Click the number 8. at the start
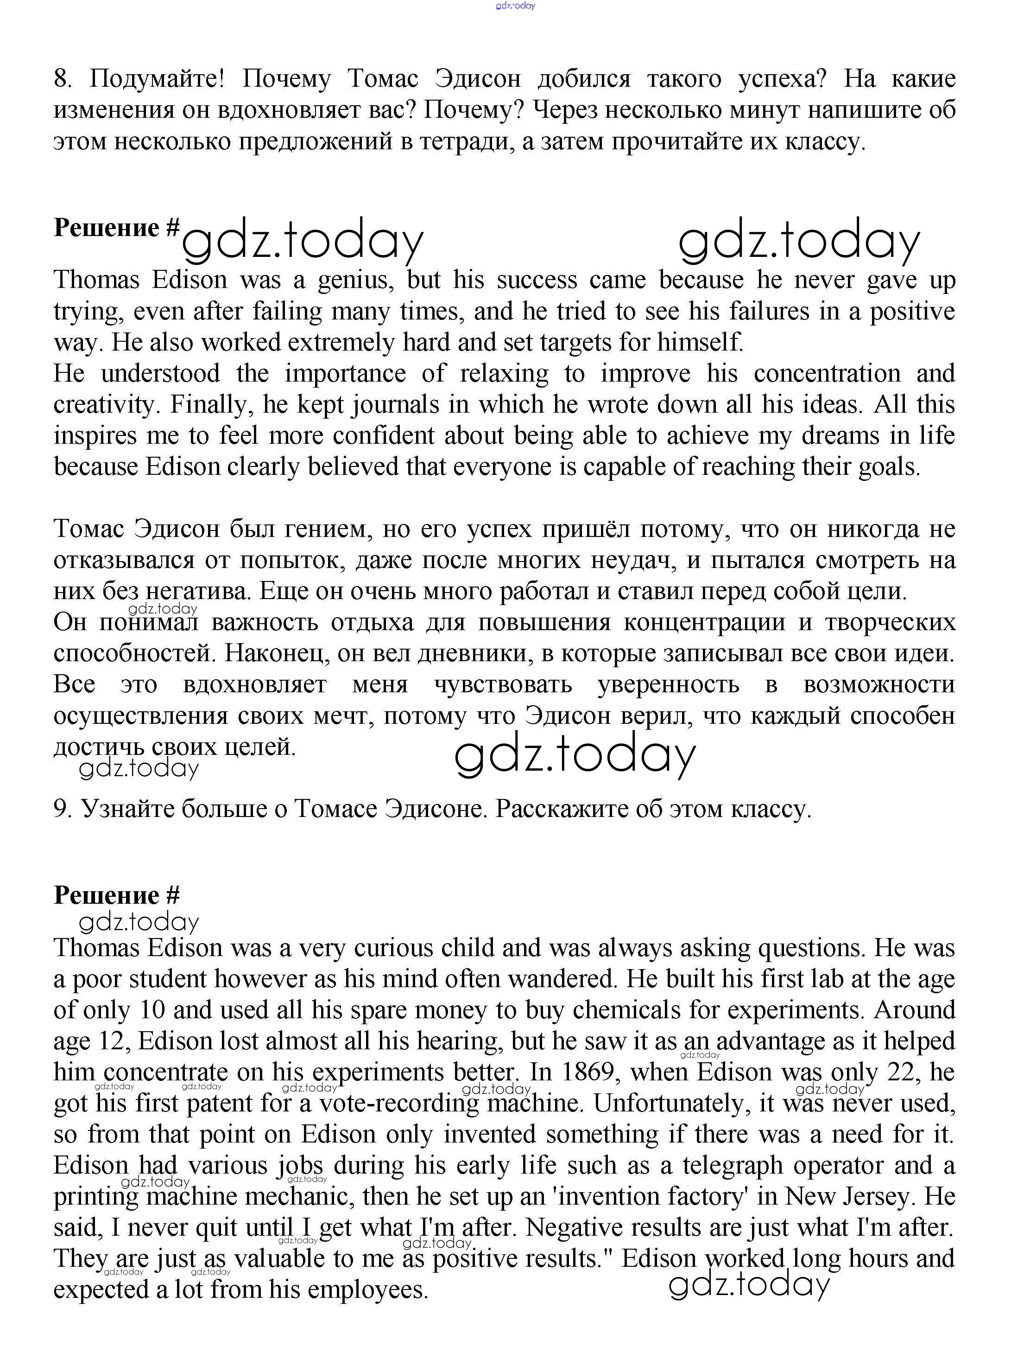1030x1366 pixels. point(63,79)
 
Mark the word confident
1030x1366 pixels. point(383,436)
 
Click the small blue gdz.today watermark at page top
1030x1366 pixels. point(515,6)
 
